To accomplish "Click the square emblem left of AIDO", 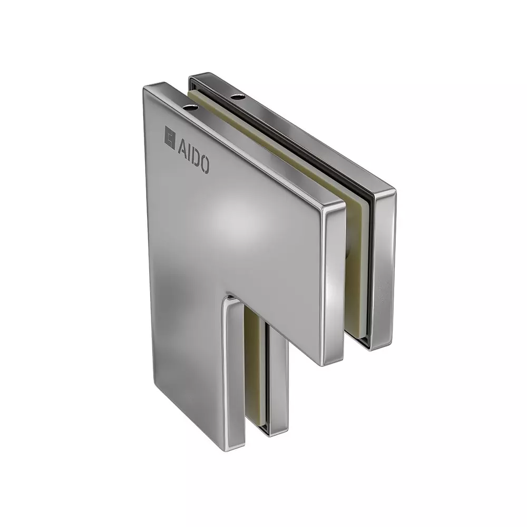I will pyautogui.click(x=170, y=138).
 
